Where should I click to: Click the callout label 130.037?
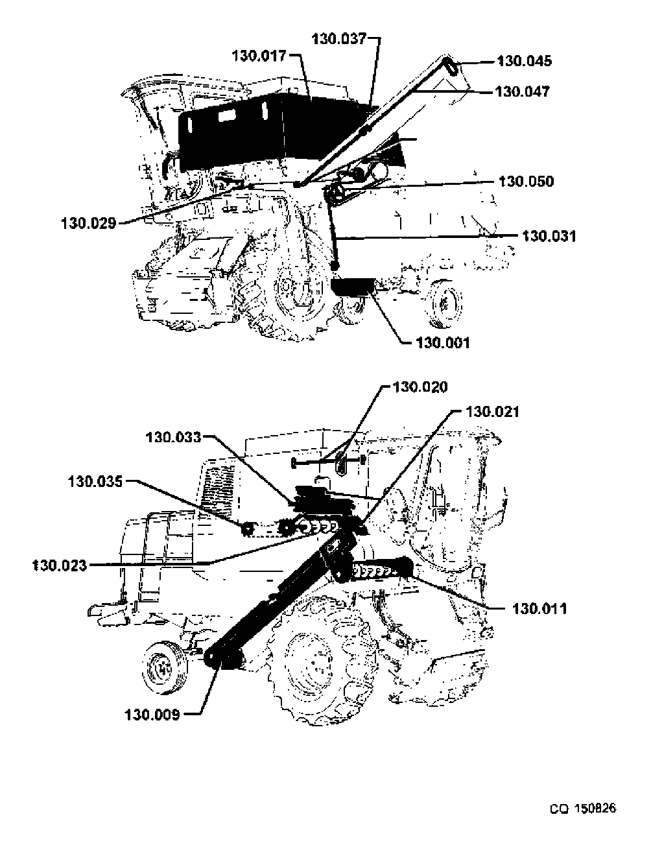pyautogui.click(x=339, y=39)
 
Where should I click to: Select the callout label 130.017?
pyautogui.click(x=259, y=56)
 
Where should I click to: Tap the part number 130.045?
pyautogui.click(x=524, y=62)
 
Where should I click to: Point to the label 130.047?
pyautogui.click(x=523, y=92)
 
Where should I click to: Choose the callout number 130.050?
pyautogui.click(x=526, y=182)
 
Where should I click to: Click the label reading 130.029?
pyautogui.click(x=89, y=224)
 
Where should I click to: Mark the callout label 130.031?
pyautogui.click(x=549, y=236)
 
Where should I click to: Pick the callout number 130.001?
pyautogui.click(x=443, y=343)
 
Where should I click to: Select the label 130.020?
pyautogui.click(x=420, y=387)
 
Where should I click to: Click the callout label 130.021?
pyautogui.click(x=492, y=412)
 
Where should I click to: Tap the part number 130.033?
pyautogui.click(x=174, y=438)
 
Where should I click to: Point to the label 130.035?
pyautogui.click(x=95, y=482)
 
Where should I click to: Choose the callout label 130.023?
pyautogui.click(x=60, y=565)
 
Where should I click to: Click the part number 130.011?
pyautogui.click(x=539, y=609)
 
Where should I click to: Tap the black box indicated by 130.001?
pyautogui.click(x=352, y=287)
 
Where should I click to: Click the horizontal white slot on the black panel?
pyautogui.click(x=227, y=115)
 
